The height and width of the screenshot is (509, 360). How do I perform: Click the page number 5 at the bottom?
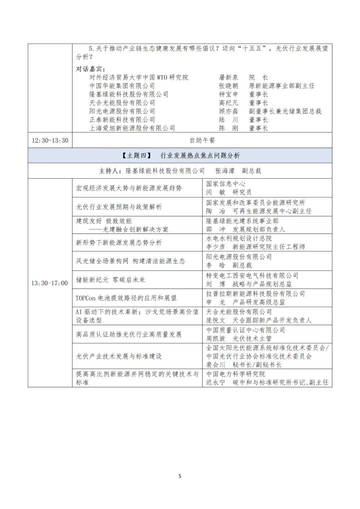[x=180, y=476]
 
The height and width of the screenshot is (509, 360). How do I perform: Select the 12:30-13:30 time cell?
[x=50, y=140]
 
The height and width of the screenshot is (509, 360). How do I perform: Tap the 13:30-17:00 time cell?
[x=50, y=283]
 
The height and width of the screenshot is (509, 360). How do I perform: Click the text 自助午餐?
[x=202, y=140]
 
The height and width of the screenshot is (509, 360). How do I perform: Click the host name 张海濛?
[x=225, y=171]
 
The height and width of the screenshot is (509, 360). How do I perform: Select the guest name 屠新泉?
[x=229, y=77]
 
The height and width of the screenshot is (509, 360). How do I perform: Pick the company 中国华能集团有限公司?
[x=122, y=86]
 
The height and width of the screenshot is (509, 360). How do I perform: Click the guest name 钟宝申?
[x=229, y=94]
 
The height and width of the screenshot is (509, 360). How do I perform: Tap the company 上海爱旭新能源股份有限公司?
[x=132, y=128]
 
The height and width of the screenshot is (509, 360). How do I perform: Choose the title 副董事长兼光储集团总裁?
[x=285, y=111]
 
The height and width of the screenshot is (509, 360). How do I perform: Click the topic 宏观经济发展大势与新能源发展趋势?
[x=129, y=188]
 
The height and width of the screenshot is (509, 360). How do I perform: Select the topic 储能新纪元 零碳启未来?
[x=110, y=280]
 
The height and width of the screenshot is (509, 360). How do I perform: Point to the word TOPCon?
[x=86, y=298]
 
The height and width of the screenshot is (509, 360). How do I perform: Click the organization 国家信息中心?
[x=226, y=184]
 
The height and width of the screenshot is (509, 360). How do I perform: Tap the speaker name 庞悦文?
[x=216, y=320]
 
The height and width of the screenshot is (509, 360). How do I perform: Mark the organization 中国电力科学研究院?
[x=236, y=374]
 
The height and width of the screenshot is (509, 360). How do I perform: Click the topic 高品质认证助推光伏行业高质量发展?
[x=129, y=334]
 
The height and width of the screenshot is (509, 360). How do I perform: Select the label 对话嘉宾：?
[x=91, y=69]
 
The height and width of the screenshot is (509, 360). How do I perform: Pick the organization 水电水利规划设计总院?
[x=239, y=238]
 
